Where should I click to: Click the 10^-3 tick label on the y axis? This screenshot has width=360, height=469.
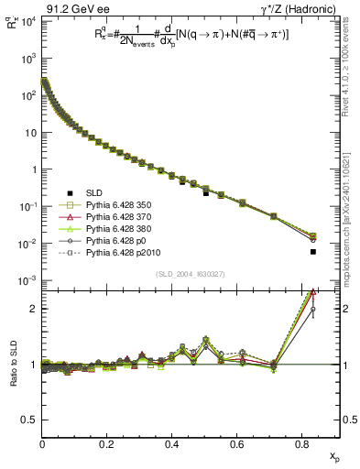click(27, 280)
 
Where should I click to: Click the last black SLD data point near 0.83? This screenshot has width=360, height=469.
click(313, 251)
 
